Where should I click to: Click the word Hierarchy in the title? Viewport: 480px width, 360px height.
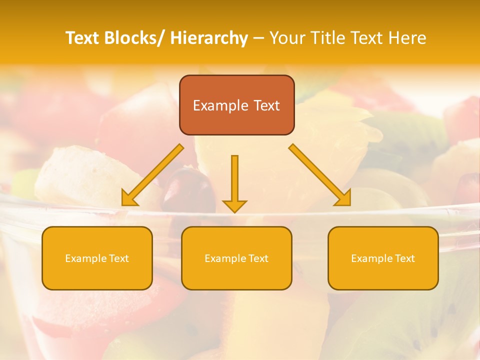pos(208,38)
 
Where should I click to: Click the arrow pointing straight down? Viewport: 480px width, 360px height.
pos(234,182)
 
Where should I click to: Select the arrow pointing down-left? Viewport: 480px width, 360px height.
pos(152,175)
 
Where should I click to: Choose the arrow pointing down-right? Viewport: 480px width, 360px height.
pos(320,175)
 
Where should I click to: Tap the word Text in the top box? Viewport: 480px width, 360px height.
pos(266,105)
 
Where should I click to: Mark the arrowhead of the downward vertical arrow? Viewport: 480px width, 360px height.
pos(234,206)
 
